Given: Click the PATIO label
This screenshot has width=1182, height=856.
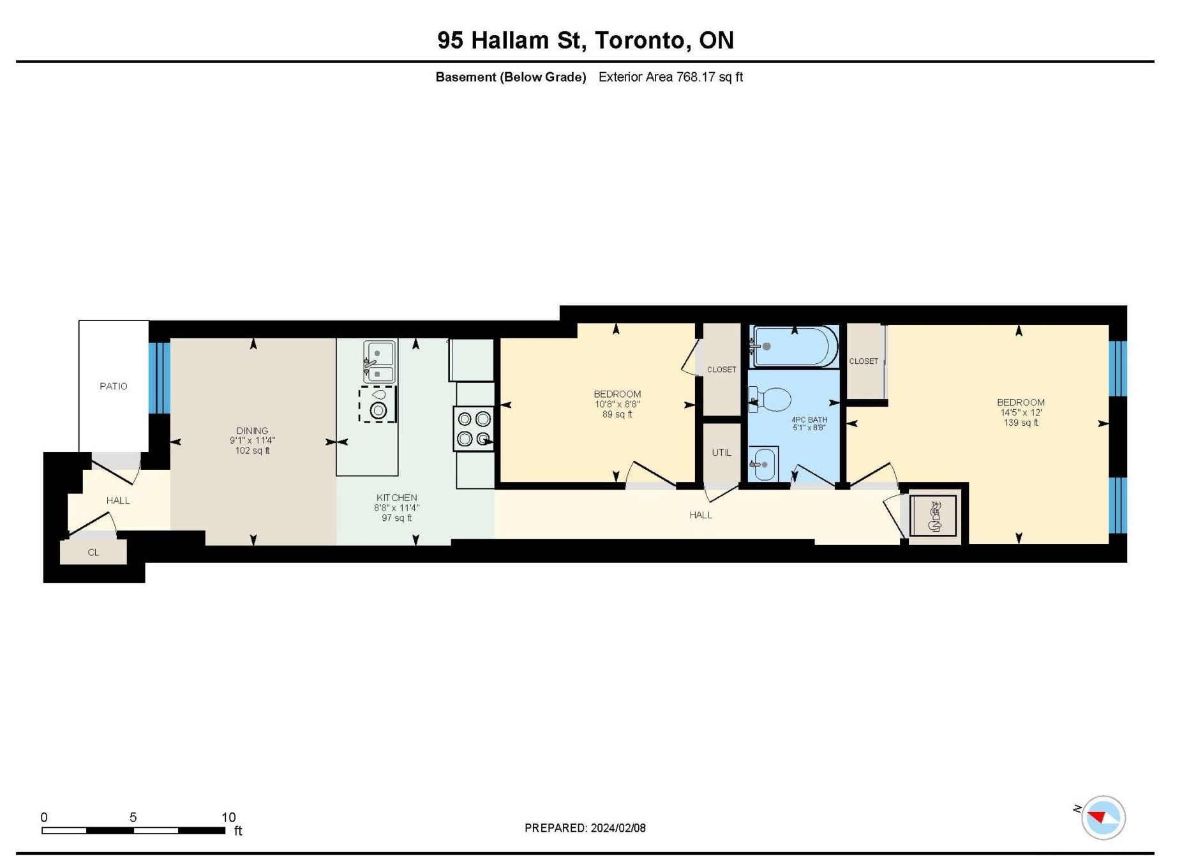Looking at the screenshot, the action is pyautogui.click(x=114, y=386).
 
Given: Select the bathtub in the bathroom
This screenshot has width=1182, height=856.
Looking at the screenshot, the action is pyautogui.click(x=795, y=347).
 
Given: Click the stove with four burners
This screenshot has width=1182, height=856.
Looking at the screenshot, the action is pyautogui.click(x=474, y=429).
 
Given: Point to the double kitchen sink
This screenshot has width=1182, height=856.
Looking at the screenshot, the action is pyautogui.click(x=380, y=361).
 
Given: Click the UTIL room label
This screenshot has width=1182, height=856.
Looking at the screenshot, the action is pyautogui.click(x=721, y=453).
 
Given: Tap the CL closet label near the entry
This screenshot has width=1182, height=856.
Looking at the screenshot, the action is pyautogui.click(x=93, y=552).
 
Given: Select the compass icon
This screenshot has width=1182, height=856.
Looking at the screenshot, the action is pyautogui.click(x=1102, y=817).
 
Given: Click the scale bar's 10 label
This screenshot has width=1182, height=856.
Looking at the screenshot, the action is pyautogui.click(x=228, y=817).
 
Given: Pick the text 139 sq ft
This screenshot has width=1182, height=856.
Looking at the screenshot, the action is pyautogui.click(x=1021, y=423).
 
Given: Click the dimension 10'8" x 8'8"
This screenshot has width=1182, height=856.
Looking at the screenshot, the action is pyautogui.click(x=617, y=404).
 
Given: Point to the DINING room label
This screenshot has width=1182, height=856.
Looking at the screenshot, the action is pyautogui.click(x=252, y=431).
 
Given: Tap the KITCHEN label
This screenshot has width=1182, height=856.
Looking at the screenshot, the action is pyautogui.click(x=396, y=498).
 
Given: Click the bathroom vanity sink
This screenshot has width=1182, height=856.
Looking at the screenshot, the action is pyautogui.click(x=763, y=464).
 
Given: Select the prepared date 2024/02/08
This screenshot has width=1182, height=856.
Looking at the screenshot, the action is pyautogui.click(x=618, y=828).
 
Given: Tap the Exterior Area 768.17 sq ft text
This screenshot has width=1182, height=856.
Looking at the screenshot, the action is pyautogui.click(x=671, y=77).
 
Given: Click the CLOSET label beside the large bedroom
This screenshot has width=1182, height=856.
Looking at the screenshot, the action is pyautogui.click(x=864, y=361).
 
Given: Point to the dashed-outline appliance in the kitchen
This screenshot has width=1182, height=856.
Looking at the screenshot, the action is pyautogui.click(x=378, y=404).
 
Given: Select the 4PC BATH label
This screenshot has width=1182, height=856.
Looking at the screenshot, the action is pyautogui.click(x=809, y=419).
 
